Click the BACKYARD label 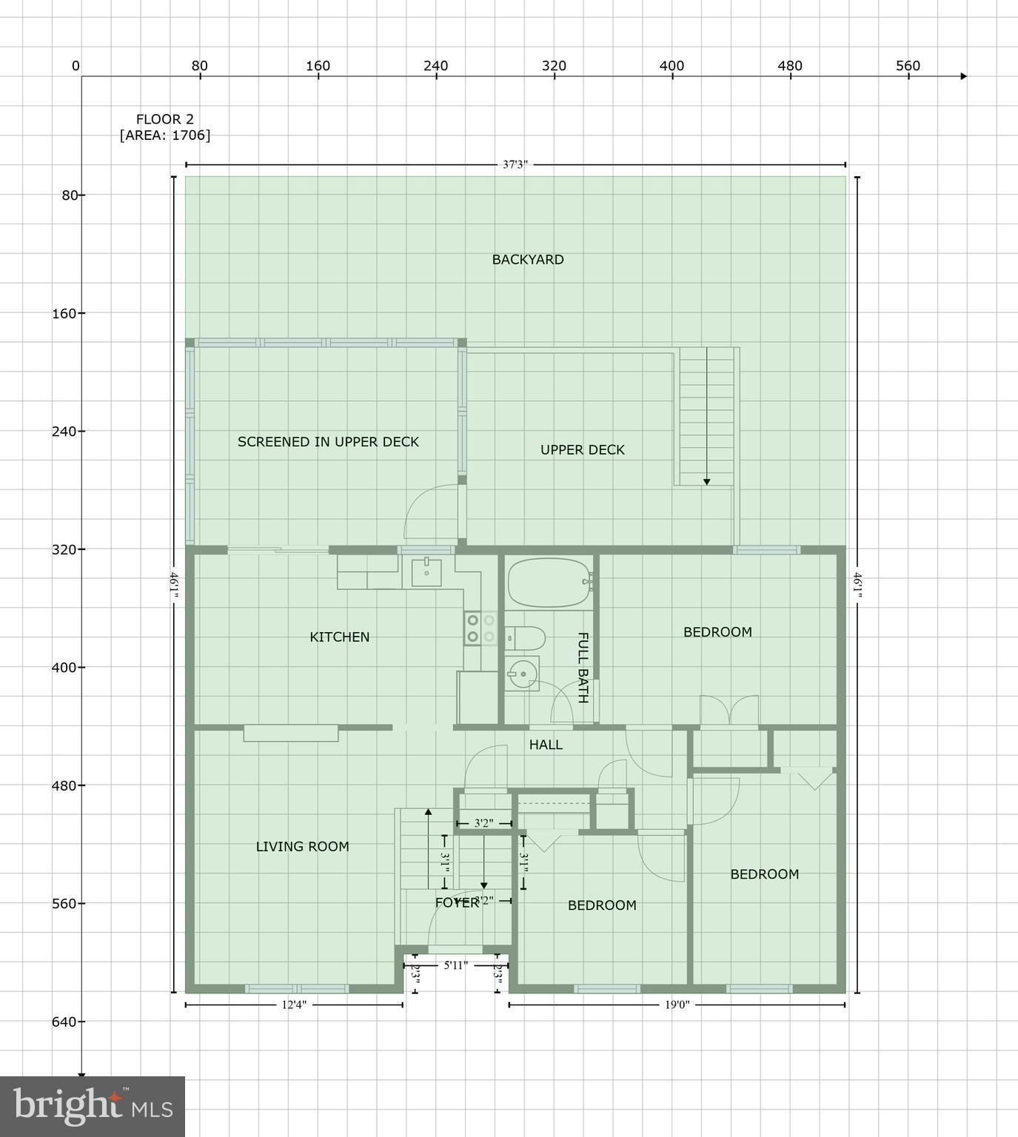click(x=528, y=260)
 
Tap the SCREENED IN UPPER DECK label click(x=328, y=442)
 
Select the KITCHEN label click(x=339, y=637)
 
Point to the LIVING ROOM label click(x=302, y=847)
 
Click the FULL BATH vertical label click(x=583, y=667)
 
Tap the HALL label click(x=546, y=745)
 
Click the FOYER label click(x=457, y=903)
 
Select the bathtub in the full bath click(x=549, y=582)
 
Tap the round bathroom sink click(x=522, y=673)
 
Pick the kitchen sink click(x=426, y=572)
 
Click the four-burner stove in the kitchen click(x=480, y=628)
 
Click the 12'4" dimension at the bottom click(x=294, y=1005)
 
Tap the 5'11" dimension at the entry click(x=456, y=965)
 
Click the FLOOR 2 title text click(x=164, y=119)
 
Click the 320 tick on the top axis click(x=554, y=66)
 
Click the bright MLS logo click(x=93, y=1106)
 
